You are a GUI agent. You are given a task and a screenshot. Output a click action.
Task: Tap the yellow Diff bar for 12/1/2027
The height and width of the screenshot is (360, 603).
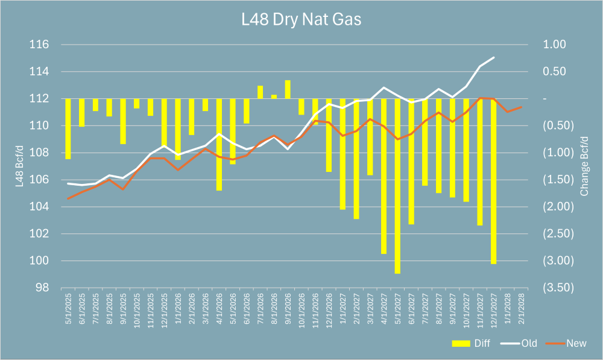[x=493, y=181]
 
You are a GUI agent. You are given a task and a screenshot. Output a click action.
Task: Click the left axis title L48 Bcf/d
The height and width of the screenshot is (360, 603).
[x=21, y=166]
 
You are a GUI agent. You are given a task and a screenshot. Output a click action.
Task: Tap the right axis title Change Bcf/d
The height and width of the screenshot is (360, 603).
[x=584, y=166]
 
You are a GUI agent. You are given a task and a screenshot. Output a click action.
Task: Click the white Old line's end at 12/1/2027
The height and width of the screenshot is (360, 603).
[x=494, y=57]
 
